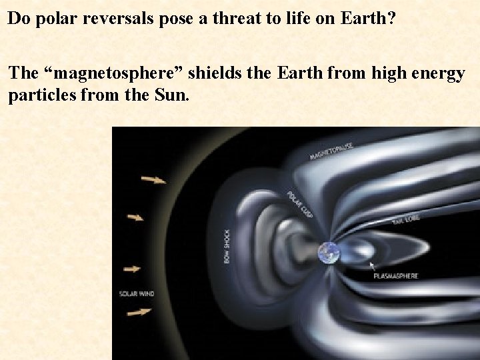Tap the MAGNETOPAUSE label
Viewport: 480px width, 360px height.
click(331, 151)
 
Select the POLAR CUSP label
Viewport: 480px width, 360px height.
click(300, 203)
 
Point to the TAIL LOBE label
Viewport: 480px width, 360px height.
click(405, 219)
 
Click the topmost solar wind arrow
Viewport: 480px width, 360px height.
click(154, 179)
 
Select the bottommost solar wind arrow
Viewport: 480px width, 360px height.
click(139, 311)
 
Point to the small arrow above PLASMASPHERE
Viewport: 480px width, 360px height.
click(373, 265)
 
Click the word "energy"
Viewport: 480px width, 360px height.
click(438, 73)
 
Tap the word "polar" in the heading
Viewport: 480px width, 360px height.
click(43, 18)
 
